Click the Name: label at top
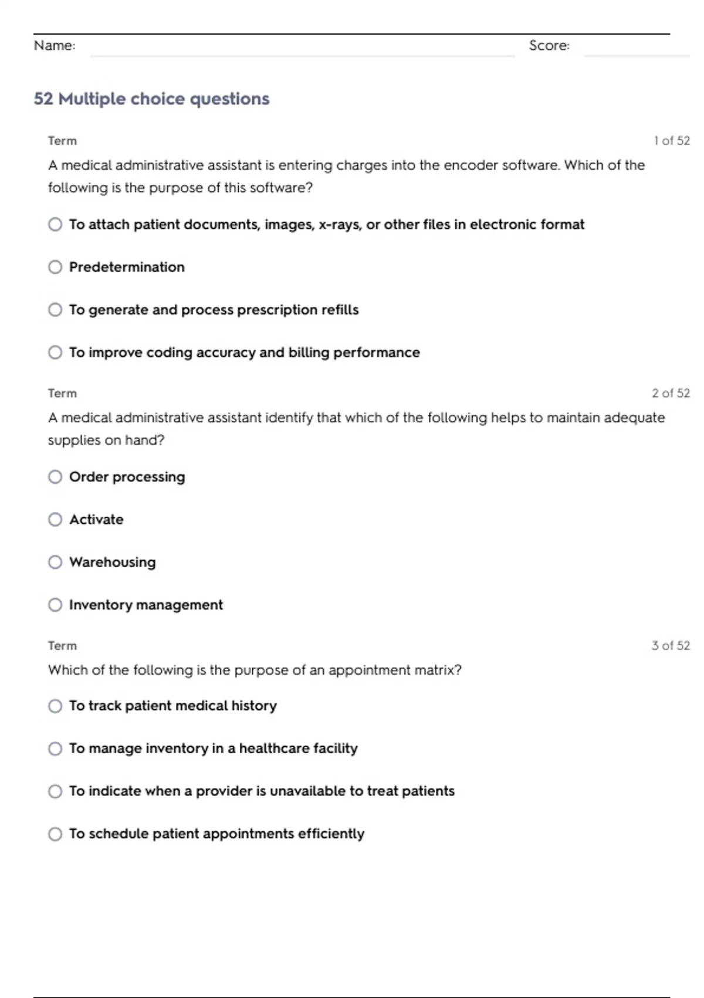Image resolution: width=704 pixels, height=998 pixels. [55, 45]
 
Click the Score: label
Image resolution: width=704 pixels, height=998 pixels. [549, 45]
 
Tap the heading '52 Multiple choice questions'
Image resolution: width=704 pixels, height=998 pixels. [151, 99]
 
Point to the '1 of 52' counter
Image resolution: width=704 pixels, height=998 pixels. [672, 141]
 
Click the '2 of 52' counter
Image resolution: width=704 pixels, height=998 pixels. [671, 393]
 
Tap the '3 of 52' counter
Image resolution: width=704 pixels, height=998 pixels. [671, 646]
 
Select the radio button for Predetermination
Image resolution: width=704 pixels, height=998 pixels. [55, 267]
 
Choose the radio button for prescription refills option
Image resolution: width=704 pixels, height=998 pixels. [55, 309]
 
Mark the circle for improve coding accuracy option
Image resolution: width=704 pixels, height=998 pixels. [55, 352]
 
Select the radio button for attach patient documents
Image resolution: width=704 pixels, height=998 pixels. [55, 224]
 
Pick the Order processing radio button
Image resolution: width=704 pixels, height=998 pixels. [55, 477]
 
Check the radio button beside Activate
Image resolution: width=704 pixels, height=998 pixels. [55, 520]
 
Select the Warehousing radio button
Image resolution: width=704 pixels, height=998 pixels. [55, 562]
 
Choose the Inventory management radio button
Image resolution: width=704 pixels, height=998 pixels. [55, 605]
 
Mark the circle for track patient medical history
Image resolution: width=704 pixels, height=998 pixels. [55, 706]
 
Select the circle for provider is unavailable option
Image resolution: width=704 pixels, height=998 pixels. [55, 791]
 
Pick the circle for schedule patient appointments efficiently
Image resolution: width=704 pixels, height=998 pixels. [55, 834]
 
